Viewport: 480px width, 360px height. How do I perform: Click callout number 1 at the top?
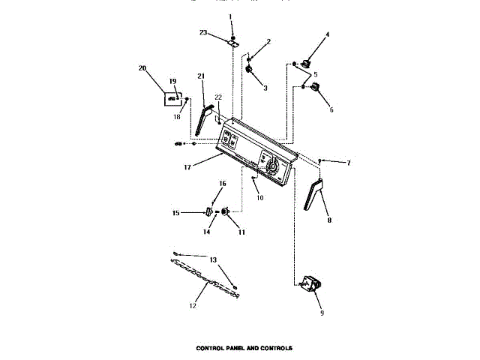coord(231,16)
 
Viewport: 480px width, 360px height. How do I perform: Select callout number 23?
coord(203,32)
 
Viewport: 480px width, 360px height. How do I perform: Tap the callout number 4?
coord(327,34)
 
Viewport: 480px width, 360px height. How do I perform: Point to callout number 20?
coord(142,68)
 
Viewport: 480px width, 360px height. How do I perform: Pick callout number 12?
coord(192,306)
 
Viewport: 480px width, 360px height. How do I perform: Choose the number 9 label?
coord(322,313)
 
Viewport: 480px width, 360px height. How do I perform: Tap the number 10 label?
coord(259,198)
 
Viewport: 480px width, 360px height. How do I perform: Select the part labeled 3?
coord(248,70)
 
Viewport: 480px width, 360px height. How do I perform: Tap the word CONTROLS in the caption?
coord(275,348)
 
